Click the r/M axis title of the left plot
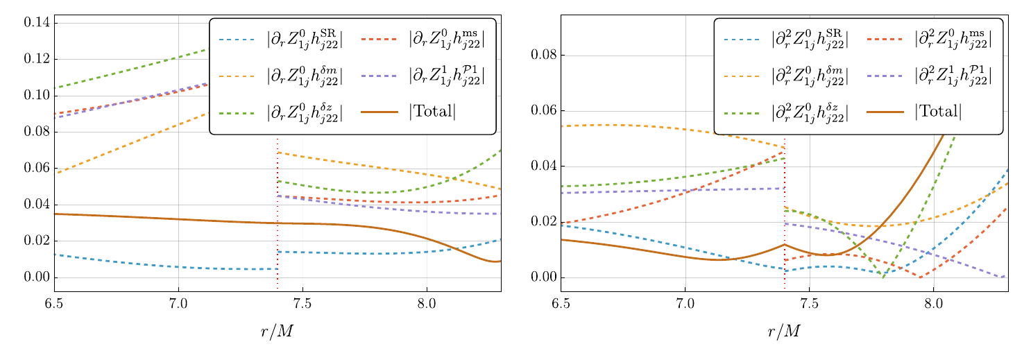(x=277, y=332)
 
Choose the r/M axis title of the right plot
(x=784, y=332)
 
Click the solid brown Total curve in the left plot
(x=173, y=219)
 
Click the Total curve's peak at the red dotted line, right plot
(x=785, y=244)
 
